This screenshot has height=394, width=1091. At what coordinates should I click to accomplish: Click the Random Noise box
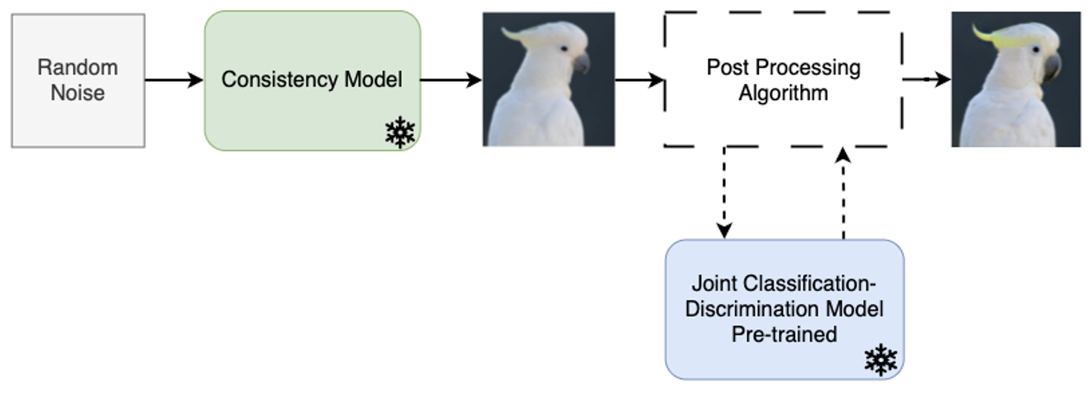pyautogui.click(x=78, y=80)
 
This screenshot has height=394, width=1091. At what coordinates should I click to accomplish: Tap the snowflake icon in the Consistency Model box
pyautogui.click(x=400, y=132)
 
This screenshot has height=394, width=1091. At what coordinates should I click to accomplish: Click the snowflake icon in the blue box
pyautogui.click(x=880, y=360)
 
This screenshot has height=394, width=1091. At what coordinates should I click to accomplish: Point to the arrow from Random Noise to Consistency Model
pyautogui.click(x=174, y=80)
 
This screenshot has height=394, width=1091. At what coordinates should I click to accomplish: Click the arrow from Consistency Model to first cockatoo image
pyautogui.click(x=450, y=80)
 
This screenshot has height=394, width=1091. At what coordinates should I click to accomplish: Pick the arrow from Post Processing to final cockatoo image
pyautogui.click(x=926, y=79)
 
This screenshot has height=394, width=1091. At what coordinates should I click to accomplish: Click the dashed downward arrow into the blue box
pyautogui.click(x=724, y=192)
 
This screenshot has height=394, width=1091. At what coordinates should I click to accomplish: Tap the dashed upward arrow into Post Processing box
pyautogui.click(x=843, y=192)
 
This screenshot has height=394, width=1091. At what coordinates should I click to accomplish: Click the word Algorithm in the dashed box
pyautogui.click(x=783, y=93)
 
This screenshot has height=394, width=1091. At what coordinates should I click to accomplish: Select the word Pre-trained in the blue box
pyautogui.click(x=784, y=334)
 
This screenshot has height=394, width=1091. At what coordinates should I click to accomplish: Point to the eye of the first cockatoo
pyautogui.click(x=564, y=49)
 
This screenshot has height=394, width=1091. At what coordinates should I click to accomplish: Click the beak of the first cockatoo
pyautogui.click(x=581, y=62)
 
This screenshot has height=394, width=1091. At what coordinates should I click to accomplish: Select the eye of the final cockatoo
pyautogui.click(x=1035, y=50)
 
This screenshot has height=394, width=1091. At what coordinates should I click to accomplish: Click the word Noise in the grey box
pyautogui.click(x=78, y=93)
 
